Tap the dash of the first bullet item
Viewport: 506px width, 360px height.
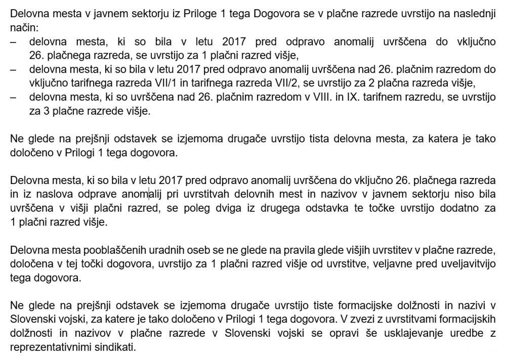coord(13,41)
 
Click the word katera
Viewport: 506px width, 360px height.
coord(440,138)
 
